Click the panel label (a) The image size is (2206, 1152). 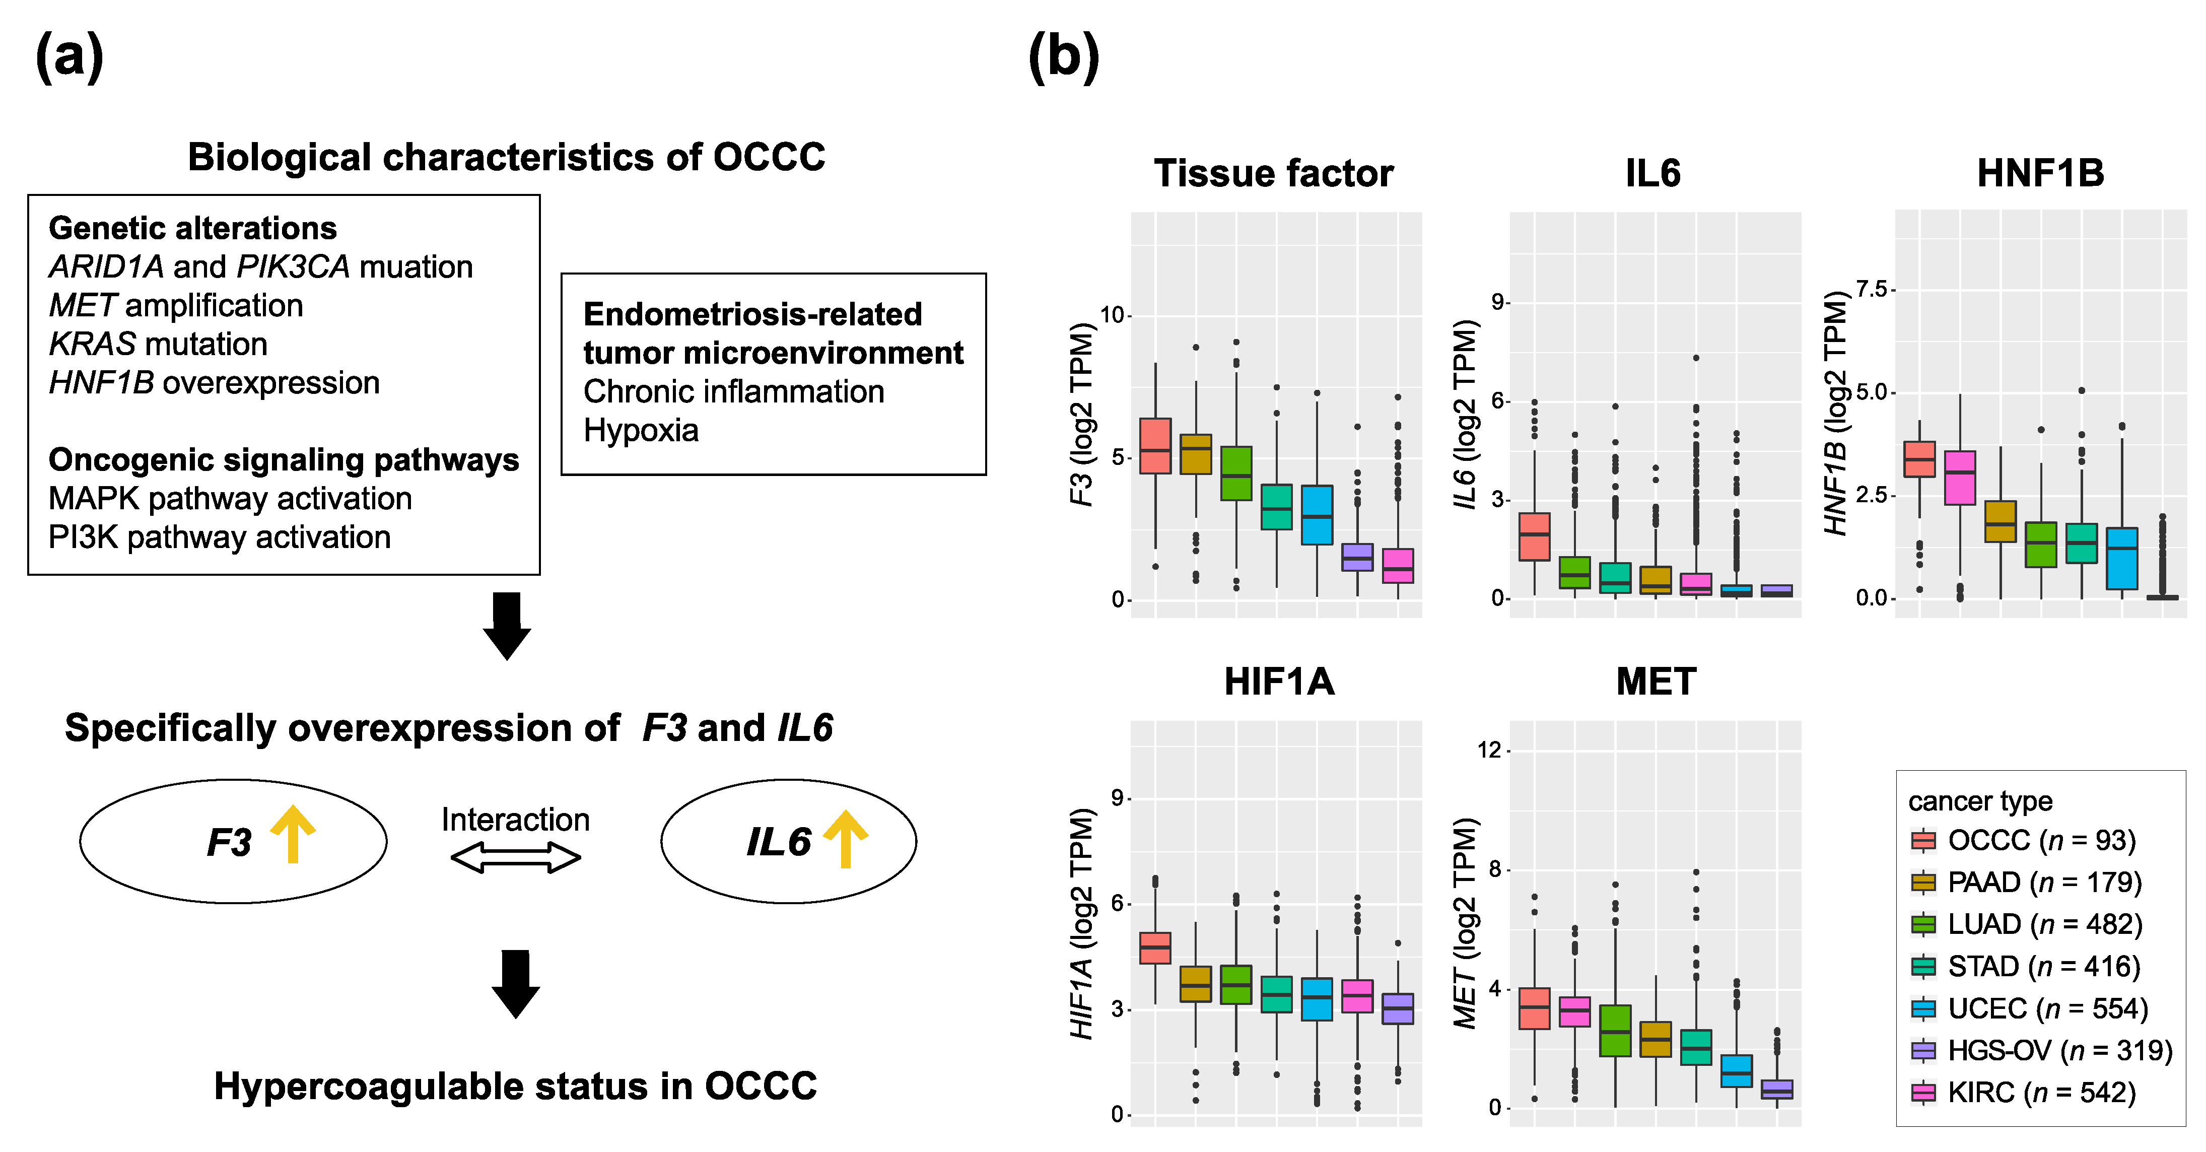coord(70,56)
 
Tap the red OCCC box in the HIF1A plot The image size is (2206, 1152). coord(1155,948)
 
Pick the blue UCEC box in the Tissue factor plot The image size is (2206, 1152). coord(1317,515)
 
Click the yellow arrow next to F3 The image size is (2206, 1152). coord(293,833)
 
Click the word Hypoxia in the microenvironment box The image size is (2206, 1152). coord(641,430)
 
